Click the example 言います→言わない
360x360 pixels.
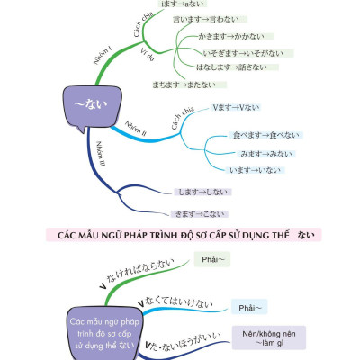coord(203,20)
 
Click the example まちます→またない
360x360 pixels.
coord(184,85)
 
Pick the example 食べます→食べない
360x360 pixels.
coord(254,138)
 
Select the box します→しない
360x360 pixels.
coord(202,192)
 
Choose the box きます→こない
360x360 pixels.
coord(202,213)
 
